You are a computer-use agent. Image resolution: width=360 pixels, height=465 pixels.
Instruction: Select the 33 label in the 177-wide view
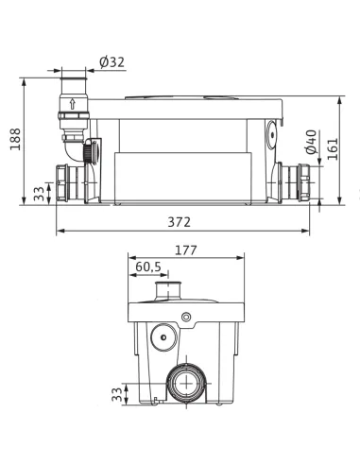click(x=115, y=392)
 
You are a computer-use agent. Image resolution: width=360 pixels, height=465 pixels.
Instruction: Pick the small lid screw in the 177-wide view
click(x=187, y=315)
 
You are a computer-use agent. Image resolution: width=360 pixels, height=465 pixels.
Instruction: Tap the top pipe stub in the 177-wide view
click(x=170, y=286)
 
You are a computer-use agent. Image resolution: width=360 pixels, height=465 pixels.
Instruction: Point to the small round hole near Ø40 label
click(x=274, y=134)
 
